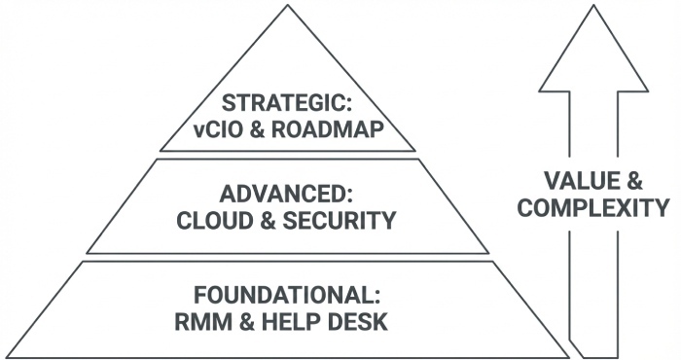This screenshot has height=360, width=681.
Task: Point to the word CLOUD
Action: (x=209, y=221)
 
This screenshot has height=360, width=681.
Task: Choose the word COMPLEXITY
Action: (x=593, y=207)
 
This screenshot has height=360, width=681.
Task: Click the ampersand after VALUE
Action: (x=632, y=181)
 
